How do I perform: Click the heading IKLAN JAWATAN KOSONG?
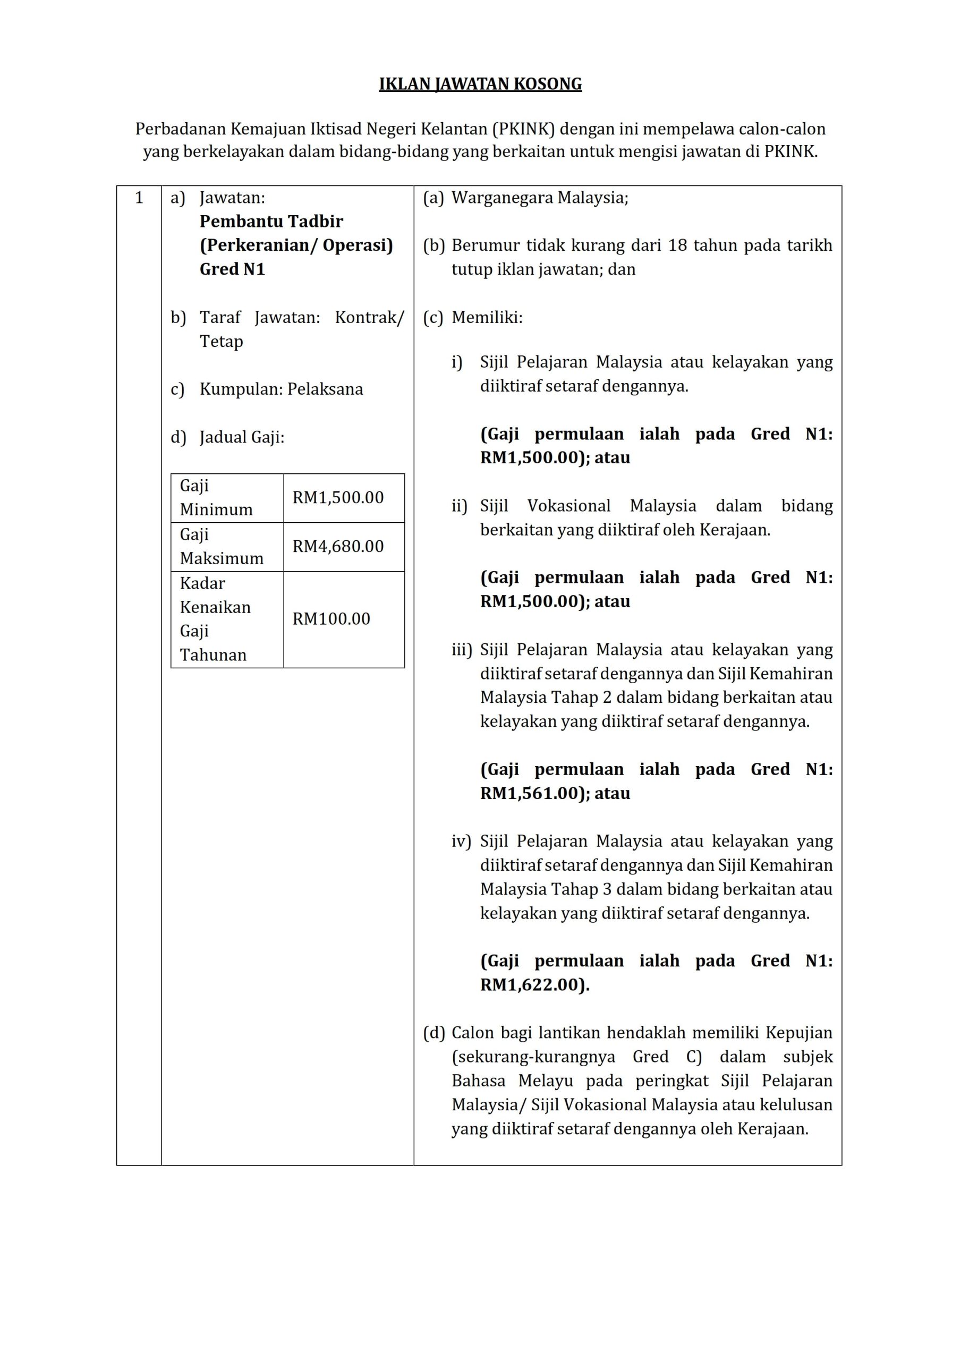(480, 84)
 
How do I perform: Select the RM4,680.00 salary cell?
(338, 546)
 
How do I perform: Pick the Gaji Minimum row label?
(216, 498)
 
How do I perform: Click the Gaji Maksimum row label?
(222, 546)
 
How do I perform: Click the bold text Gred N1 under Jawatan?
(232, 269)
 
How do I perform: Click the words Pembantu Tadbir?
(271, 222)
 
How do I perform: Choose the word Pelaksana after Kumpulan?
(325, 389)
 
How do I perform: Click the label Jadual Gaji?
(242, 437)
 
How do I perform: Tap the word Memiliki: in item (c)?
(487, 318)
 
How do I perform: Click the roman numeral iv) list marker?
(461, 841)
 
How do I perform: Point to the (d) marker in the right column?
(433, 1033)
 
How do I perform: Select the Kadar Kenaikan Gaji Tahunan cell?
(215, 619)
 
